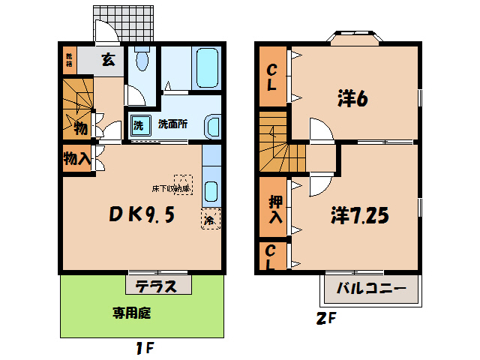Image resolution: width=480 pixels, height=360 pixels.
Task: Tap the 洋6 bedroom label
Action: click(351, 99)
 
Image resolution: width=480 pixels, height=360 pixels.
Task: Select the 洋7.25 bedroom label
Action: click(360, 216)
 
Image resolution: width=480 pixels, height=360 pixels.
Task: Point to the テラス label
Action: click(157, 286)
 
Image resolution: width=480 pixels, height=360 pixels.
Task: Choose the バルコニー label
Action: click(370, 288)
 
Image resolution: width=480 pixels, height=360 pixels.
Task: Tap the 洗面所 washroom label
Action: click(172, 125)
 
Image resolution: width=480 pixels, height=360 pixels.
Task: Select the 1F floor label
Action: click(145, 348)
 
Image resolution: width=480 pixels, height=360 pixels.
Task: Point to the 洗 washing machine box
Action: click(139, 125)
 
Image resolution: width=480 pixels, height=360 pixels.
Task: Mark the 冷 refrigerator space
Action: click(209, 220)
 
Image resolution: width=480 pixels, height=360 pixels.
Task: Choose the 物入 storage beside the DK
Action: click(76, 159)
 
